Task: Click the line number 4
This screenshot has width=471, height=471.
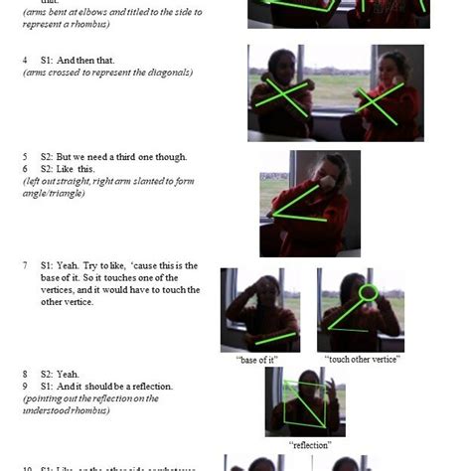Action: (x=25, y=61)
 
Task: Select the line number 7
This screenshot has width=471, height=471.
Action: (x=25, y=266)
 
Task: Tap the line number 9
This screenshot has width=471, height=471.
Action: (x=25, y=386)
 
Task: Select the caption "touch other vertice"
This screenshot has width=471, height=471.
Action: (x=363, y=359)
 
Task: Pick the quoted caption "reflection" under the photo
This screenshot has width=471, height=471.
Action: (x=309, y=445)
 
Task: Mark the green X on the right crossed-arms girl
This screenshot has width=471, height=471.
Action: (x=380, y=103)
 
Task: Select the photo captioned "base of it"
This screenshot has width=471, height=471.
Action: (x=259, y=309)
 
